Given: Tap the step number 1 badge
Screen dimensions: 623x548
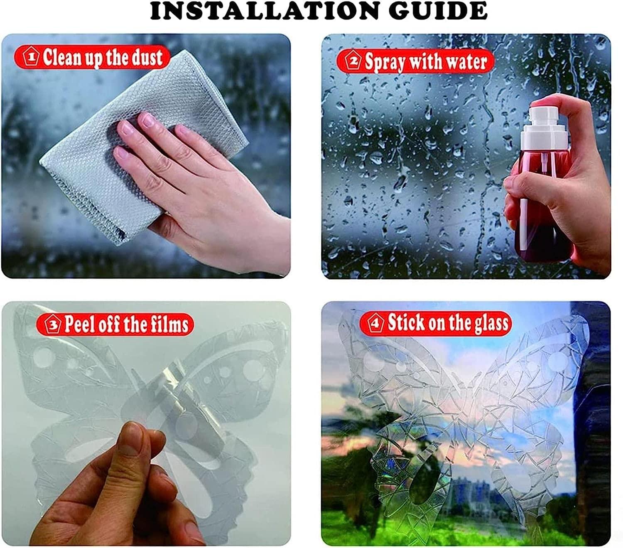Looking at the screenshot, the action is tap(32, 57).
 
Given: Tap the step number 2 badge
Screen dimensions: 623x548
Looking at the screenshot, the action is tap(353, 61).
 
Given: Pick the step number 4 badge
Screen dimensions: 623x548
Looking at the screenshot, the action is tap(376, 323).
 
